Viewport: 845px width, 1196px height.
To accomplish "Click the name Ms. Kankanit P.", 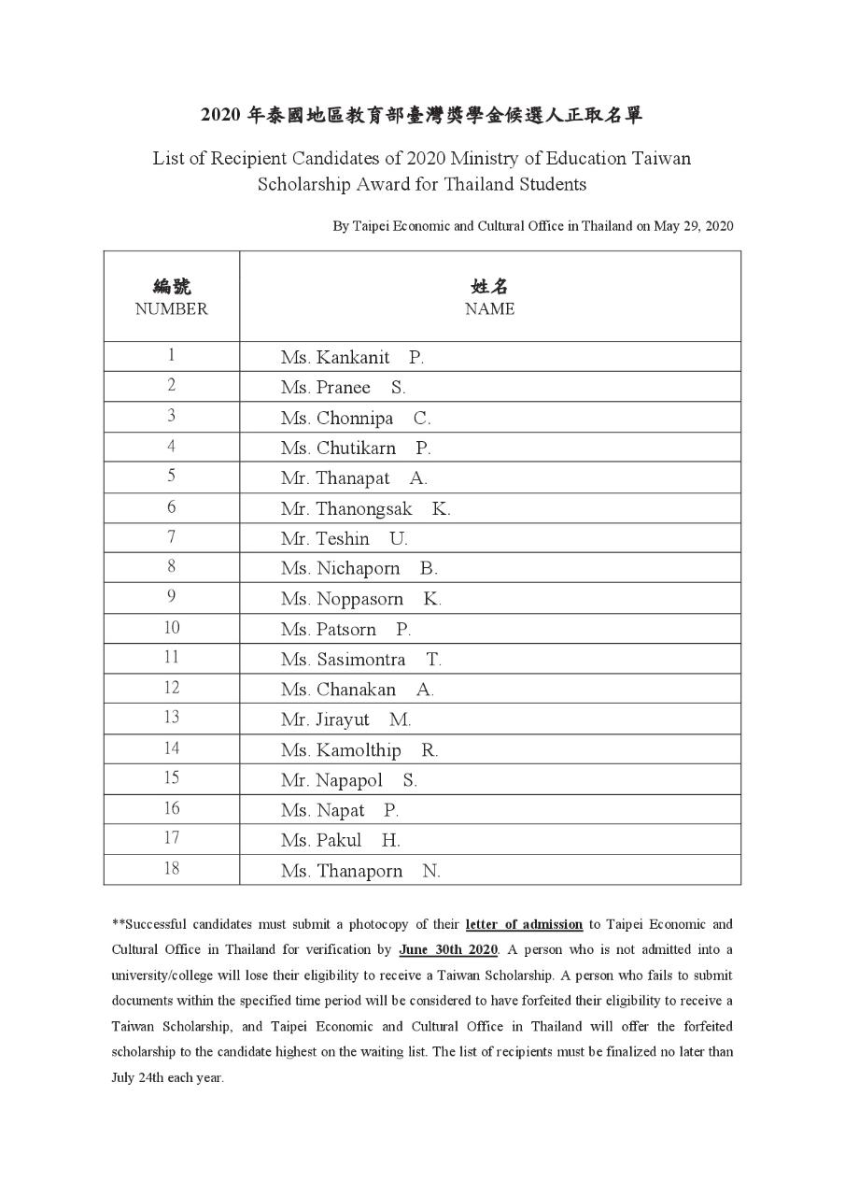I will coord(352,357).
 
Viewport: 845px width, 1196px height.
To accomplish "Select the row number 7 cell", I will coord(171,537).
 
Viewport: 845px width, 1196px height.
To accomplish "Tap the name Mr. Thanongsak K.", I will coord(365,508).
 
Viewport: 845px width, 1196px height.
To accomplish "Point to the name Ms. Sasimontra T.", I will coord(360,660).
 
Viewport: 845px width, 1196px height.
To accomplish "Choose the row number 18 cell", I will coord(171,869).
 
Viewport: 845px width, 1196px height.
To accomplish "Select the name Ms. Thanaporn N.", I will coord(359,871).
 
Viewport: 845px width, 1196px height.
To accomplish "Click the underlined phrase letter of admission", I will coord(524,924).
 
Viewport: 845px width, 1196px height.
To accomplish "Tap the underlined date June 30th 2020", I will coord(448,950).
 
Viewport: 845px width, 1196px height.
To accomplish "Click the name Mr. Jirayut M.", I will coord(345,719).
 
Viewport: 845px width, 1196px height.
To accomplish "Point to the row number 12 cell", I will coord(171,688).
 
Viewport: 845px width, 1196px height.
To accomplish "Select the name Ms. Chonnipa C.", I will coord(356,418).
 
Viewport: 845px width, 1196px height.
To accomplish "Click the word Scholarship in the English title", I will coord(303,184).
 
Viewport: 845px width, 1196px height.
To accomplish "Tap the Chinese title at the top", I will coord(422,116).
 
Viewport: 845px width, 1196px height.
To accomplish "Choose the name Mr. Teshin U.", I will coord(344,538).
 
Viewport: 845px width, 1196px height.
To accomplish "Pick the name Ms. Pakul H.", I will coord(340,840).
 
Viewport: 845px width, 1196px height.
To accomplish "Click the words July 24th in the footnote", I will coord(140,1076).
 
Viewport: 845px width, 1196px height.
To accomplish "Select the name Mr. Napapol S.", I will coord(348,779).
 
